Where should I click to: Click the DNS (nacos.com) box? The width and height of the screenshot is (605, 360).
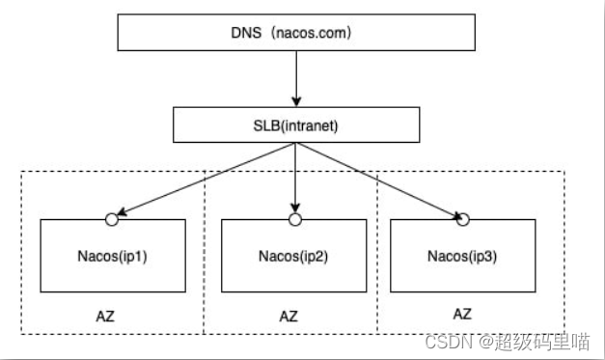pos(296,32)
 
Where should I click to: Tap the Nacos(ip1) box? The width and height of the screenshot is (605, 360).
pos(112,256)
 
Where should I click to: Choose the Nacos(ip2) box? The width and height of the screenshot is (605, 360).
pos(293,256)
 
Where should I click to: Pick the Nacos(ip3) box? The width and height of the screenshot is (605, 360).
pos(463,256)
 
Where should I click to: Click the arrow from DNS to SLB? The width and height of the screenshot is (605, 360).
pos(296,77)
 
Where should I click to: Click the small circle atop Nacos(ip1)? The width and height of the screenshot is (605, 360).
pos(112,220)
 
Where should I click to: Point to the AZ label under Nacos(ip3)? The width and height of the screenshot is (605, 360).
pos(463,314)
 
